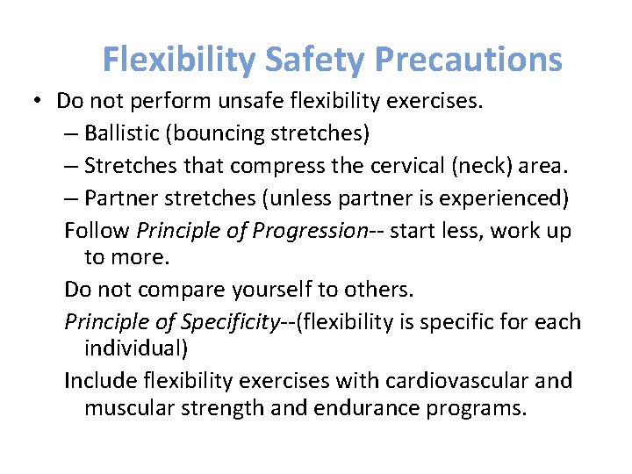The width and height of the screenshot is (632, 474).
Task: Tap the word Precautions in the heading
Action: pos(468,60)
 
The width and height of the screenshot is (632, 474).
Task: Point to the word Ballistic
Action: pos(124,133)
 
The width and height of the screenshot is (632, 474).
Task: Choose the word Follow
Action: pos(97,231)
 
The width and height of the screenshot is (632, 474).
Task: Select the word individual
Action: pos(135,348)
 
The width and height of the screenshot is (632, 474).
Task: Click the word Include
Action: pos(99,381)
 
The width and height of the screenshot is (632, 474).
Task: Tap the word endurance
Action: pos(383,408)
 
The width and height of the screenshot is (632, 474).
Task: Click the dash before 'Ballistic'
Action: pos(70,134)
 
